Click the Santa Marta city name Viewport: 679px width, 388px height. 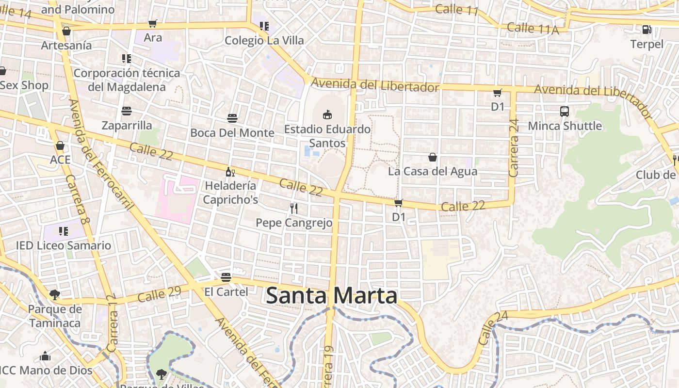[x=332, y=295]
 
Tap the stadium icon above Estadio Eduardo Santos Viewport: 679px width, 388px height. [x=327, y=114]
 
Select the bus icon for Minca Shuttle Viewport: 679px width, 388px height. [x=565, y=112]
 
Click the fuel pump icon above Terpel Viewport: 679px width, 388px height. [x=647, y=30]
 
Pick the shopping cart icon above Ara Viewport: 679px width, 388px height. [x=153, y=23]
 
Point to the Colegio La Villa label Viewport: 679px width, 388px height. [x=264, y=40]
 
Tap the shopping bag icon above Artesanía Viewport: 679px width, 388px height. [x=66, y=31]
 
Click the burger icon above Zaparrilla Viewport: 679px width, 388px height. [x=127, y=111]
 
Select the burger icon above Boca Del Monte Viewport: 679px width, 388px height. [x=232, y=118]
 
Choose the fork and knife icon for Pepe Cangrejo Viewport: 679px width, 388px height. [x=293, y=209]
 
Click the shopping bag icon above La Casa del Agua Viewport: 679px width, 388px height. [x=433, y=157]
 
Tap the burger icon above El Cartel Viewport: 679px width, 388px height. [x=226, y=277]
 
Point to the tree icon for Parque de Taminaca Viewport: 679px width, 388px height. [x=55, y=294]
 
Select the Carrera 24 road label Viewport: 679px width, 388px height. [x=514, y=148]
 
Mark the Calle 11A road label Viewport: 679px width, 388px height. [x=533, y=28]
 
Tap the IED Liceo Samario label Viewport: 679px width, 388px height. [x=64, y=245]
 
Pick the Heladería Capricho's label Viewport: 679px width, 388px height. [x=230, y=192]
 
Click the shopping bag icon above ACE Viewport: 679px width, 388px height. [x=60, y=145]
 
